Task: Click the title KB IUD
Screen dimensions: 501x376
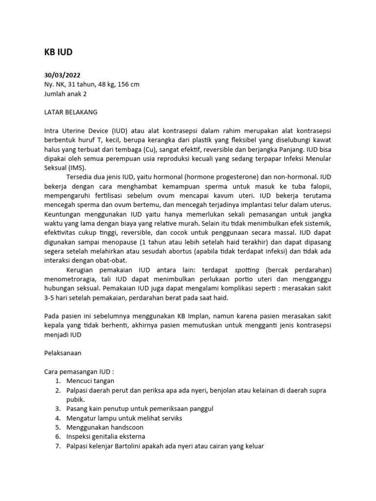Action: click(58, 53)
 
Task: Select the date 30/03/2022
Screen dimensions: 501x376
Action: click(62, 75)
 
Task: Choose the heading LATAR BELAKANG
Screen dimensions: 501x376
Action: click(71, 112)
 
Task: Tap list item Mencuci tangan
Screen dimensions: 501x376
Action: click(91, 381)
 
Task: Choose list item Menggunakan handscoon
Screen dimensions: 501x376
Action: click(105, 427)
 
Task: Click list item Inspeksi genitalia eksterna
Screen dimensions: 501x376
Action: click(106, 436)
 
